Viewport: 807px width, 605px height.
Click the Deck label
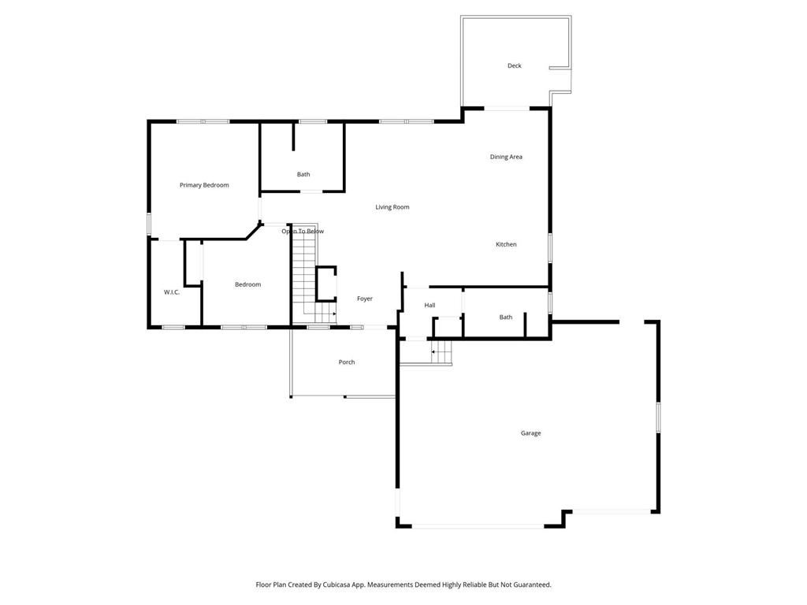click(x=514, y=66)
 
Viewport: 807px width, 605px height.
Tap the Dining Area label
click(x=506, y=157)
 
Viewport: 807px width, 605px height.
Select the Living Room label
click(x=392, y=207)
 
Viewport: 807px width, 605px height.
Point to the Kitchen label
click(x=506, y=244)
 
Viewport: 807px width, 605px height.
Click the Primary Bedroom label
click(x=204, y=185)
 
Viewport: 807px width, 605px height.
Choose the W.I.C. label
click(x=172, y=292)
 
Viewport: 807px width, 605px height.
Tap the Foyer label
click(x=364, y=299)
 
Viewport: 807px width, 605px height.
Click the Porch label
click(x=347, y=362)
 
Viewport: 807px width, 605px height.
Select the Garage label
click(x=530, y=433)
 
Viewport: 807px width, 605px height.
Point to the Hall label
click(x=430, y=305)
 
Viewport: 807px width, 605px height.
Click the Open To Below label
click(x=303, y=231)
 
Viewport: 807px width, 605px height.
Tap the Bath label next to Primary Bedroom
click(x=303, y=174)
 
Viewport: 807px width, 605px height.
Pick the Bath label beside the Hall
click(x=506, y=317)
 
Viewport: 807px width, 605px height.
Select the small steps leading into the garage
click(x=441, y=352)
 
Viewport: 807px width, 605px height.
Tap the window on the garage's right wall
click(x=658, y=417)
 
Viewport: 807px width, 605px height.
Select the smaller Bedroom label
click(x=247, y=284)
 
